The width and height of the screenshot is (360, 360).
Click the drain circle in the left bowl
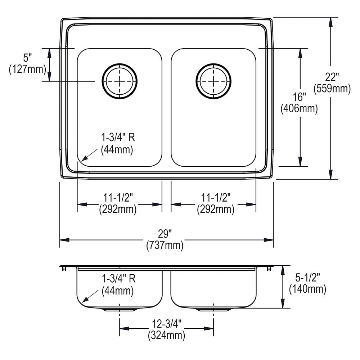pyautogui.click(x=120, y=81)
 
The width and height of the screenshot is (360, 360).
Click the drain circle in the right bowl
pyautogui.click(x=213, y=81)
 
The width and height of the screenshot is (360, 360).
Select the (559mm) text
pyautogui.click(x=332, y=88)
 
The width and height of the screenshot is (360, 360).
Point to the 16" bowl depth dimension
pyautogui.click(x=299, y=96)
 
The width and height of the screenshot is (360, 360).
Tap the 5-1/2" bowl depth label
pyautogui.click(x=307, y=277)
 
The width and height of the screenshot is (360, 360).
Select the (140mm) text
pyautogui.click(x=307, y=289)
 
